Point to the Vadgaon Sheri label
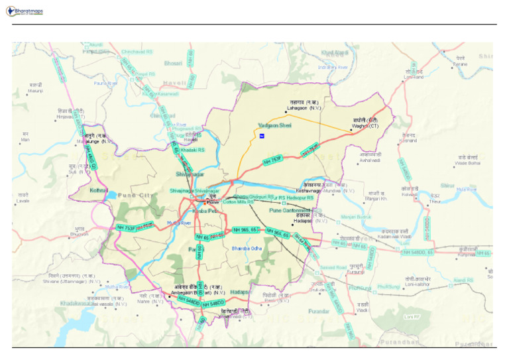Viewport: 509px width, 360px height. coord(274,125)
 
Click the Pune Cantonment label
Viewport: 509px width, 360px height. coord(290,210)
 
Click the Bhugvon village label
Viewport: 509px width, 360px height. coord(79,234)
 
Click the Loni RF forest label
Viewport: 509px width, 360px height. coord(412,317)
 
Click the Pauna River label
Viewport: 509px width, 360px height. coord(105,84)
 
